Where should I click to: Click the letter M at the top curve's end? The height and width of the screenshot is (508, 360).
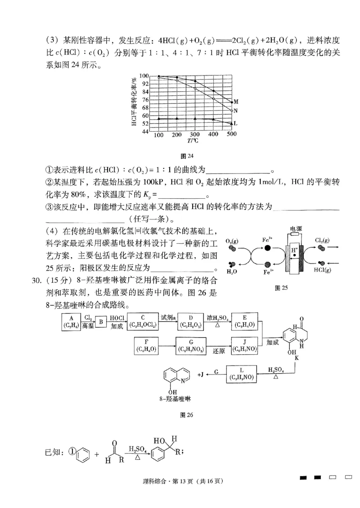236,102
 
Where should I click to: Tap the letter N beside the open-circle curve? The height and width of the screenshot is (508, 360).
236,110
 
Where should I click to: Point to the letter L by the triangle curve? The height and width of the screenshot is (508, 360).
236,123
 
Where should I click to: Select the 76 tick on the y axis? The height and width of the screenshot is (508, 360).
145,100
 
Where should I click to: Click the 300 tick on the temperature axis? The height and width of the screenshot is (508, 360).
194,135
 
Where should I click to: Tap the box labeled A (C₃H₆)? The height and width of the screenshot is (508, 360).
71,322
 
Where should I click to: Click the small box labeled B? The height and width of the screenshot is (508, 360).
101,322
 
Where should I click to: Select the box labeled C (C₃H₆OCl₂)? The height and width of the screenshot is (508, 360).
142,322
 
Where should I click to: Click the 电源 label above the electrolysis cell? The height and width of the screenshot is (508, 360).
296,229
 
